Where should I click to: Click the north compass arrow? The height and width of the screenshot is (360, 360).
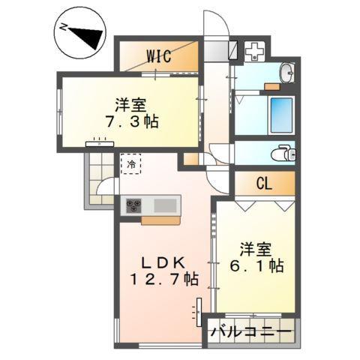coord(84,35)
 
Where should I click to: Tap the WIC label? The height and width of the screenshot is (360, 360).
coord(158,55)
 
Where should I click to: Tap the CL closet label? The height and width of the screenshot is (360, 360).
coord(264,181)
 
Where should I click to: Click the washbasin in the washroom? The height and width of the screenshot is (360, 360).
coord(287,73)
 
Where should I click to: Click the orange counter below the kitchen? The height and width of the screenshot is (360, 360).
coord(160,220)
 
